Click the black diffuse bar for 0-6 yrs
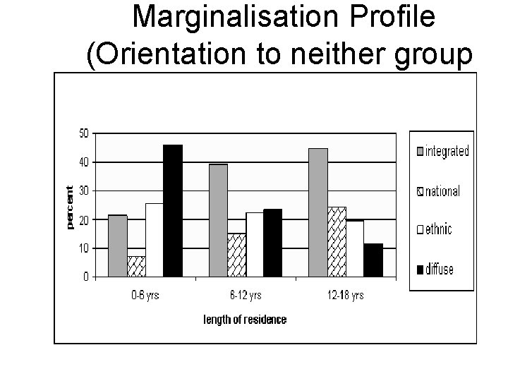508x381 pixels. point(173,211)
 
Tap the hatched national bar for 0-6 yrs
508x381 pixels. point(136,266)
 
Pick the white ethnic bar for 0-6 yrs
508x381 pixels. point(155,240)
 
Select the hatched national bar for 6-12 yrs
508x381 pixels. point(236,255)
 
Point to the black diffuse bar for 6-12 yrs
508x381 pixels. point(273,243)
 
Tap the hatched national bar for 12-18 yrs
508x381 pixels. point(337,241)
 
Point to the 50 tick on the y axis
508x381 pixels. point(83,133)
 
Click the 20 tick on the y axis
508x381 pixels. point(83,219)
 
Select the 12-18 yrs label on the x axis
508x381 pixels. point(346,296)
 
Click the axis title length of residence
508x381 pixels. point(245,320)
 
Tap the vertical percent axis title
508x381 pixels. point(69,207)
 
